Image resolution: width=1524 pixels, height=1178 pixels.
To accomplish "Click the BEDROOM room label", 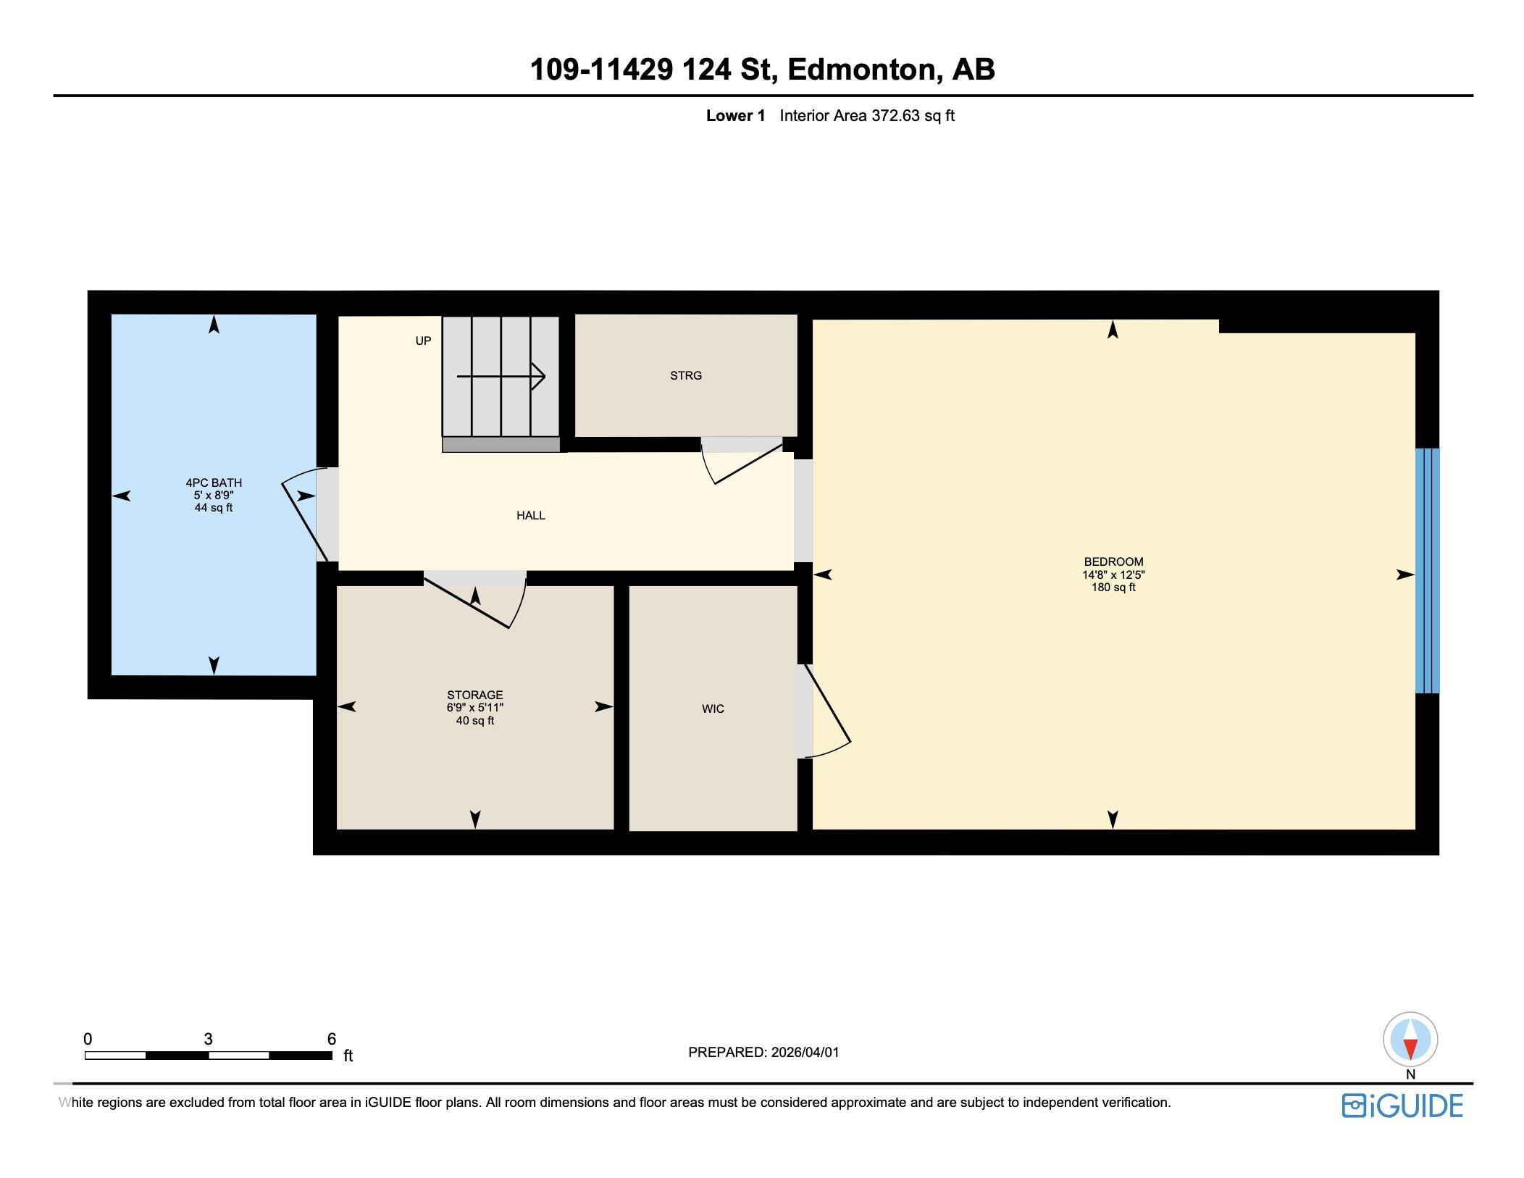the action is (x=1113, y=561).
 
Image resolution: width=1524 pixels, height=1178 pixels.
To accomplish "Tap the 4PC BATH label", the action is (x=214, y=483).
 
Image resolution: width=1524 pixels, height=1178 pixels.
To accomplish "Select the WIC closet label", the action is (x=713, y=709).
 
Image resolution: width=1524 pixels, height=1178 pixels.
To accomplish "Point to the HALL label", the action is (x=531, y=515).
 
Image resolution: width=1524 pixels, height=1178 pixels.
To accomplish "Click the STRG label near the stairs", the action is (x=686, y=375).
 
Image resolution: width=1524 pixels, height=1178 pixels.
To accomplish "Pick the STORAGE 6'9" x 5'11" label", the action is (x=475, y=707).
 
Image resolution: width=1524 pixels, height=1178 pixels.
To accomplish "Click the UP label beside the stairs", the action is (x=423, y=341).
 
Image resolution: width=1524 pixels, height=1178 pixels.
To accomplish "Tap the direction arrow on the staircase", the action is (x=501, y=376).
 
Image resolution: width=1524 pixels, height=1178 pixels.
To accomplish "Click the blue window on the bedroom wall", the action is (x=1427, y=571).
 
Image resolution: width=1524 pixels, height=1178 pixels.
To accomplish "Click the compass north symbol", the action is (x=1410, y=1040).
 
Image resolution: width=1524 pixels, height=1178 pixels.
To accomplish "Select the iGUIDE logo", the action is (x=1402, y=1106).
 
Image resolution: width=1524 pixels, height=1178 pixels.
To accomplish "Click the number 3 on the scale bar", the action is (x=209, y=1039).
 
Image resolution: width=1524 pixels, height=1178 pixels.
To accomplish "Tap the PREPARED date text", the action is (x=763, y=1052).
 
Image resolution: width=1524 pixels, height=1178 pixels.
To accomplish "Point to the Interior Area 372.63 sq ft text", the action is (x=867, y=115).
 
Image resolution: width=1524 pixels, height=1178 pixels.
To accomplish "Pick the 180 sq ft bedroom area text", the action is (x=1113, y=588).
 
